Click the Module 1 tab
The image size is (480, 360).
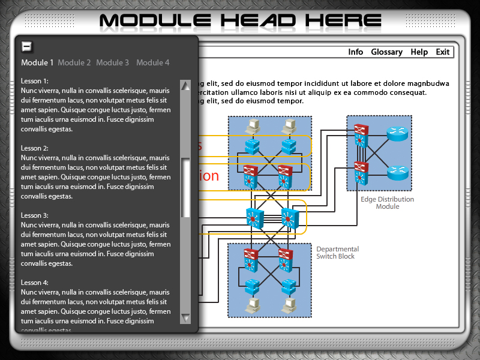click(37, 62)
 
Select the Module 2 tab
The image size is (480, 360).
click(74, 62)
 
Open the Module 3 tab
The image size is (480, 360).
click(112, 62)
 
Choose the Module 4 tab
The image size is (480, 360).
click(152, 62)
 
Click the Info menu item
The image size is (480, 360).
click(356, 52)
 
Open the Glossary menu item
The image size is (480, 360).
click(386, 52)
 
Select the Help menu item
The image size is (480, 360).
click(419, 52)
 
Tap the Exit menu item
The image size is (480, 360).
click(443, 52)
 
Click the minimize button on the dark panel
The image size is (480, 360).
click(26, 46)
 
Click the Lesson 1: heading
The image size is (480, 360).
click(35, 80)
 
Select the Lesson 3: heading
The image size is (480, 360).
click(35, 215)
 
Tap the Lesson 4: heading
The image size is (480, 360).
click(35, 282)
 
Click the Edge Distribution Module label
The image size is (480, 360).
click(387, 203)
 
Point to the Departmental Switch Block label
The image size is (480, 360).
click(337, 253)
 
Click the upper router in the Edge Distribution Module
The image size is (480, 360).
click(396, 134)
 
